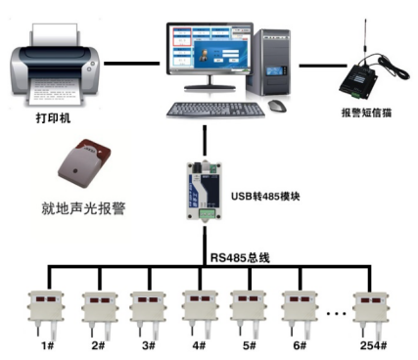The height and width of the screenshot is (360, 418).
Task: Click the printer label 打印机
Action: (53, 117)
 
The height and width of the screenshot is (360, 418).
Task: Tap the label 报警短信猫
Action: (366, 112)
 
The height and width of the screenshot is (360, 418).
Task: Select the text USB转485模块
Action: (265, 197)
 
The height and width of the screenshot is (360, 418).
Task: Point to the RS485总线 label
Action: (240, 257)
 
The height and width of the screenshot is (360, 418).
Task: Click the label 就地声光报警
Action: (83, 208)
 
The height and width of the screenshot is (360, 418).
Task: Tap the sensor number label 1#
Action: (48, 345)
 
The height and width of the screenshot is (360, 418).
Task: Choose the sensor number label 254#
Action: (373, 345)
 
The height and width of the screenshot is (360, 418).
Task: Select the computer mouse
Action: (277, 106)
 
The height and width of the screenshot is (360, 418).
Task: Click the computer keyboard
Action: (215, 110)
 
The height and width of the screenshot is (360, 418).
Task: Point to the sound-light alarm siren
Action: (84, 163)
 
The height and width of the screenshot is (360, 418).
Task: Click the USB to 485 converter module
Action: (205, 191)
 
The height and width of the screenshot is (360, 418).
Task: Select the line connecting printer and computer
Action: (132, 64)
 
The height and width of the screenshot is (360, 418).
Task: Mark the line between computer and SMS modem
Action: (323, 66)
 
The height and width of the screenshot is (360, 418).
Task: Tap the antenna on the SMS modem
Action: (366, 37)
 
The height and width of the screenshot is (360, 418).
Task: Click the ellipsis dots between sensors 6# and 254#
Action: (336, 314)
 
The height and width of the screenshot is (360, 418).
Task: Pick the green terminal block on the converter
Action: (208, 213)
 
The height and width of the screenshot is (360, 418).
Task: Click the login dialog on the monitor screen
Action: (218, 55)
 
